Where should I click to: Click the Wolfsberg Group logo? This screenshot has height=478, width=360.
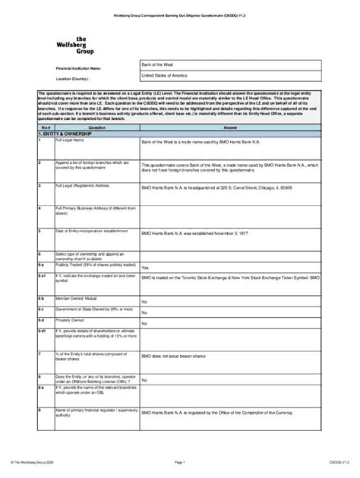pos(74,45)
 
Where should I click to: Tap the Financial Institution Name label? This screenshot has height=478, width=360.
pos(78,68)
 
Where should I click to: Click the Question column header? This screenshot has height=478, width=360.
pos(97,128)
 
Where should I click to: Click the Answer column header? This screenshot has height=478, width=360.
pos(230,128)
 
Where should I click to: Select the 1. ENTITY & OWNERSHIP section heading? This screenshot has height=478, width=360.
pos(65,134)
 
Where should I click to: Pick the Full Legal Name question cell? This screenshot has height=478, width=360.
pos(70,140)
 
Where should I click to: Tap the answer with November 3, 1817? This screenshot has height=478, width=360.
pos(195,233)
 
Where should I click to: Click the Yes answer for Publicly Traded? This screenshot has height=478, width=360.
pos(145,267)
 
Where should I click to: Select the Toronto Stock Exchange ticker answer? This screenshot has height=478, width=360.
pos(230,277)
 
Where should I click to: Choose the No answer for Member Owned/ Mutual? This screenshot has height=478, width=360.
pos(144,302)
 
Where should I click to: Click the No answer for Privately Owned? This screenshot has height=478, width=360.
pos(144,324)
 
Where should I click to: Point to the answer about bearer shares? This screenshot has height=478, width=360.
pos(173,356)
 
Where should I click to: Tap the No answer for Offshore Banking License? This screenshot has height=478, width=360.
pos(144,380)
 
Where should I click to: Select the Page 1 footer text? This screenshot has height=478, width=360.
pos(180,463)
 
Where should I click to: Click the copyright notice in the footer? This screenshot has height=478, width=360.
pos(32,463)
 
